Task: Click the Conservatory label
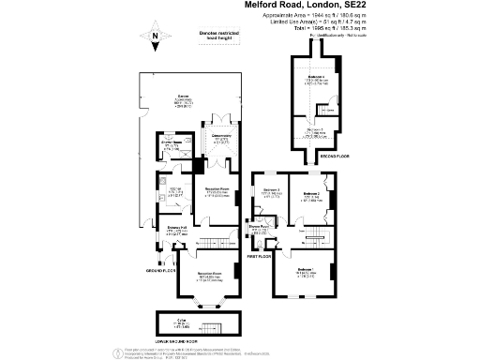(x=221, y=137)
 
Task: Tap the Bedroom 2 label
(x=311, y=194)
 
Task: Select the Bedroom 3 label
(x=272, y=191)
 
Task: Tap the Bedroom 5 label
(x=315, y=132)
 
